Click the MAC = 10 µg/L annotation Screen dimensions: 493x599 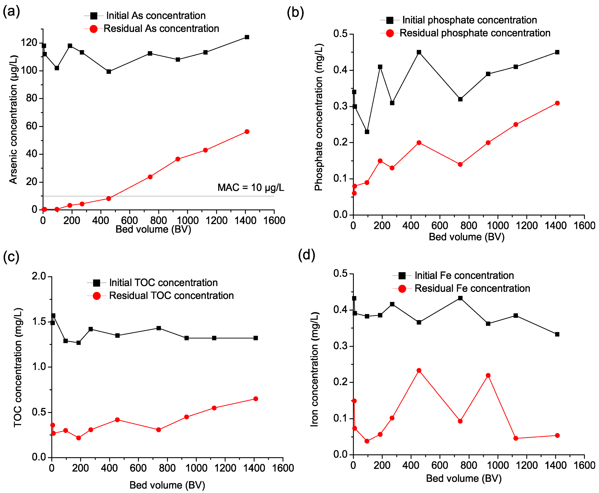point(251,188)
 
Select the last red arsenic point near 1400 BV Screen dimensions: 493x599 point(247,132)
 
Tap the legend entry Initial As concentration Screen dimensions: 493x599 point(156,16)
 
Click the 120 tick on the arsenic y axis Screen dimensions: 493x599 point(29,43)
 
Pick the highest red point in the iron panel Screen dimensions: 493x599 point(418,371)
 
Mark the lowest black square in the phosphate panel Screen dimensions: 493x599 point(367,132)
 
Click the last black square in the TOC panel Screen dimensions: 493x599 point(255,338)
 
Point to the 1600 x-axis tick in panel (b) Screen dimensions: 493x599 point(584,226)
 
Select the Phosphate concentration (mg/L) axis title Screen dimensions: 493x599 point(319,117)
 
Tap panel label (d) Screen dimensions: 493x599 point(307,255)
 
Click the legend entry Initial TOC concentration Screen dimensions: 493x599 point(163,283)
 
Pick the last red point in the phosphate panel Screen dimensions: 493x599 point(557,103)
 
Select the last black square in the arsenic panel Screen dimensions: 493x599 point(247,37)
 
